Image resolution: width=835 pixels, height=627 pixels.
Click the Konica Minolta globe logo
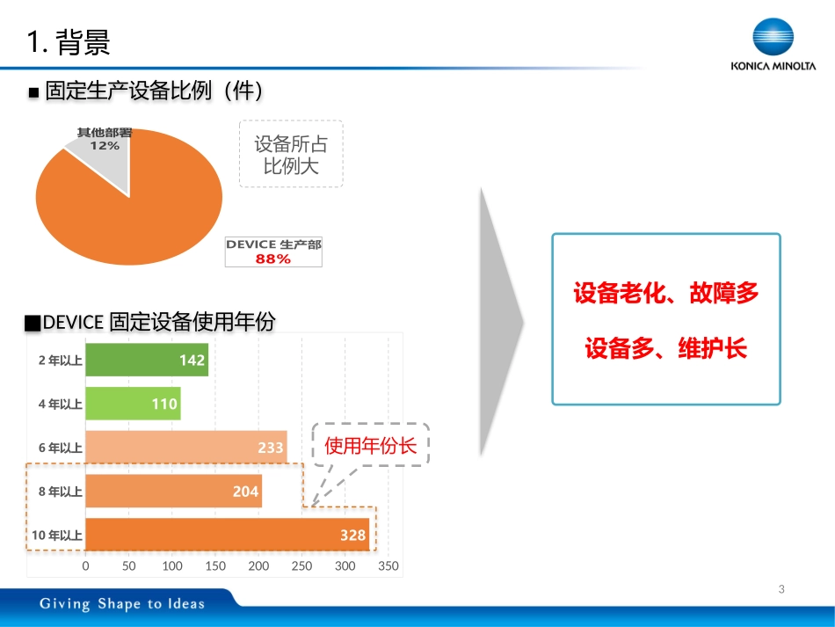pyautogui.click(x=773, y=39)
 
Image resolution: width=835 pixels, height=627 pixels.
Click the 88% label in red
pyautogui.click(x=272, y=259)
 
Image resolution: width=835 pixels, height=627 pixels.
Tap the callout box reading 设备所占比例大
pyautogui.click(x=291, y=154)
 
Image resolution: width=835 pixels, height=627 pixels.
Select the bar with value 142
pyautogui.click(x=147, y=360)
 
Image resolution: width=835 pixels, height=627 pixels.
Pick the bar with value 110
pyautogui.click(x=133, y=405)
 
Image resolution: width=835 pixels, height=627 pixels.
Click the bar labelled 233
pyautogui.click(x=185, y=448)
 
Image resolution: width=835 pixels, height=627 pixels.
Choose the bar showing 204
pyautogui.click(x=173, y=492)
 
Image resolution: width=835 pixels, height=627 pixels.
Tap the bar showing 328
pyautogui.click(x=227, y=535)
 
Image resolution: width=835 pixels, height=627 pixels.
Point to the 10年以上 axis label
pyautogui.click(x=56, y=535)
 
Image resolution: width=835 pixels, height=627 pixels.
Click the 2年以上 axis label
pyautogui.click(x=60, y=360)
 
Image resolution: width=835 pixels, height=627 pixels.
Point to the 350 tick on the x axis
pyautogui.click(x=388, y=566)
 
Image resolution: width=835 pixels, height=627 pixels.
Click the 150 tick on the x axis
pyautogui.click(x=215, y=566)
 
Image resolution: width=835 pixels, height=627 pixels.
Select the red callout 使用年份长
pyautogui.click(x=370, y=446)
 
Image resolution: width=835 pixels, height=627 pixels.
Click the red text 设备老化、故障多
pyautogui.click(x=665, y=294)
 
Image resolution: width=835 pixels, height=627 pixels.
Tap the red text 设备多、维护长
pyautogui.click(x=665, y=349)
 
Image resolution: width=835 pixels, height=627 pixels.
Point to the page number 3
pyautogui.click(x=781, y=589)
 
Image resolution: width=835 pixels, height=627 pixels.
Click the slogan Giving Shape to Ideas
pyautogui.click(x=121, y=603)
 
